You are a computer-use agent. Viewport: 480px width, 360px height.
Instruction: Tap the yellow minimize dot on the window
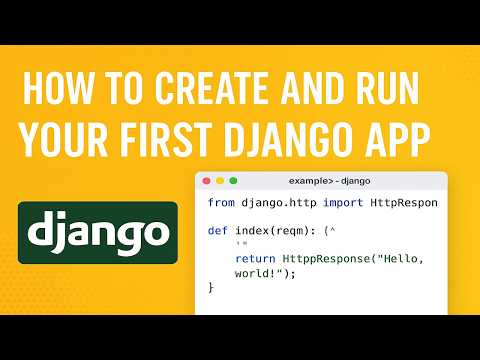coord(221,181)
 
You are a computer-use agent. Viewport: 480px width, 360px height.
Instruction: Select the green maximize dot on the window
coord(234,181)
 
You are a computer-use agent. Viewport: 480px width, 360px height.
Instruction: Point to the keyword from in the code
coord(221,203)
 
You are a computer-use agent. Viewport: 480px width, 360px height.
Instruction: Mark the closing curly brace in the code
coord(211,288)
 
